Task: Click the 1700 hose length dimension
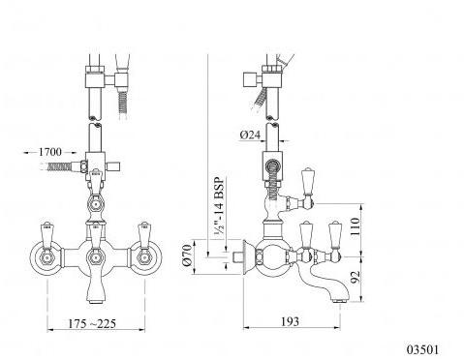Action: tap(49, 152)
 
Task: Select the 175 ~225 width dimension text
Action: tap(92, 323)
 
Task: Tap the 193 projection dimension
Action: tap(290, 321)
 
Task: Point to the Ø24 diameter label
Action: tap(250, 135)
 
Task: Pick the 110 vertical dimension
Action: tap(355, 226)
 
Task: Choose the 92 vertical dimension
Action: tap(355, 277)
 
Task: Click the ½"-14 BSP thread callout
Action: tap(219, 207)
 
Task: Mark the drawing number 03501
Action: tap(422, 349)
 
